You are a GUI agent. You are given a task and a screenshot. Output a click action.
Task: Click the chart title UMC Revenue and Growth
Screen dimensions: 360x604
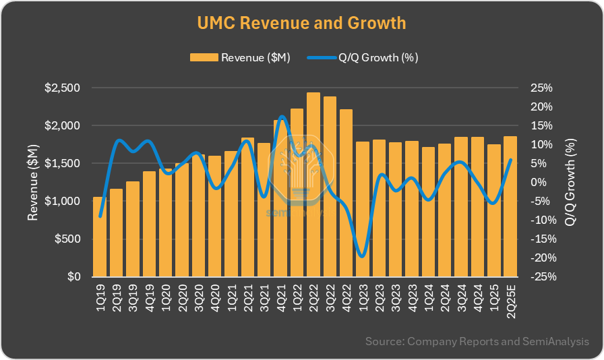click(x=301, y=23)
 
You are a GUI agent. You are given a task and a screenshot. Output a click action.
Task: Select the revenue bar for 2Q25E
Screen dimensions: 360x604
click(x=510, y=206)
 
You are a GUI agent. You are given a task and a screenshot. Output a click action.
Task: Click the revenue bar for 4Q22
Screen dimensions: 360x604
click(x=346, y=192)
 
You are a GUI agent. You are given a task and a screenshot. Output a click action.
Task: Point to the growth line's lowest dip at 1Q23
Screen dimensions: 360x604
click(x=363, y=256)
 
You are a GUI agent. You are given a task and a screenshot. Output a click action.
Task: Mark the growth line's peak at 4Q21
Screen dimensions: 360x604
click(x=281, y=117)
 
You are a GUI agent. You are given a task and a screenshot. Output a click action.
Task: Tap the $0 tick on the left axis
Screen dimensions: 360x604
click(x=74, y=276)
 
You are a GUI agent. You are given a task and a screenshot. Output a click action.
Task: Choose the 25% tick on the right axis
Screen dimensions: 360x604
click(x=541, y=88)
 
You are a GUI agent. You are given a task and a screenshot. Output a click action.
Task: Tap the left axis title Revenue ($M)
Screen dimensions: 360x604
click(x=33, y=182)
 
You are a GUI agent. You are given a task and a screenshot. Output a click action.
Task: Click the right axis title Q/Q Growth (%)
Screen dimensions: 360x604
click(x=570, y=182)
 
